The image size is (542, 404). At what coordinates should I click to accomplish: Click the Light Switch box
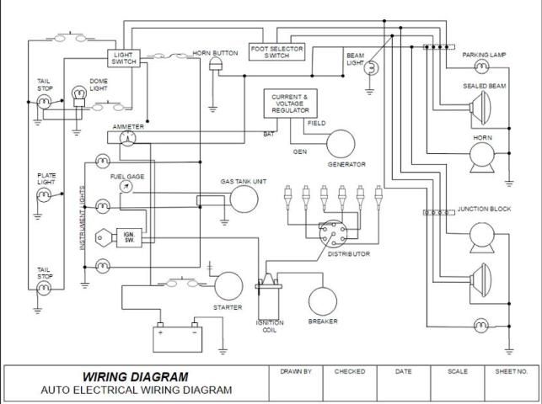click(x=123, y=58)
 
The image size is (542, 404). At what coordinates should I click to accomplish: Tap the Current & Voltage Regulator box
click(x=289, y=104)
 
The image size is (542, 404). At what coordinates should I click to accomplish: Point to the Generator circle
click(x=341, y=144)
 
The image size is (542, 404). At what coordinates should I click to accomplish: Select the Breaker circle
click(x=323, y=301)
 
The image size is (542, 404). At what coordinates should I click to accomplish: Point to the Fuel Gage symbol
click(x=126, y=188)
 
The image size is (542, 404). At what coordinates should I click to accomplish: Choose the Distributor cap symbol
click(x=331, y=233)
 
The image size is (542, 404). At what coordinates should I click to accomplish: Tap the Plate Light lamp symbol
click(x=44, y=196)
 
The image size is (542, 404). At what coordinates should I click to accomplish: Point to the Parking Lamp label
click(x=483, y=55)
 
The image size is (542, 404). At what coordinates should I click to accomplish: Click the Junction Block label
click(x=484, y=208)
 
